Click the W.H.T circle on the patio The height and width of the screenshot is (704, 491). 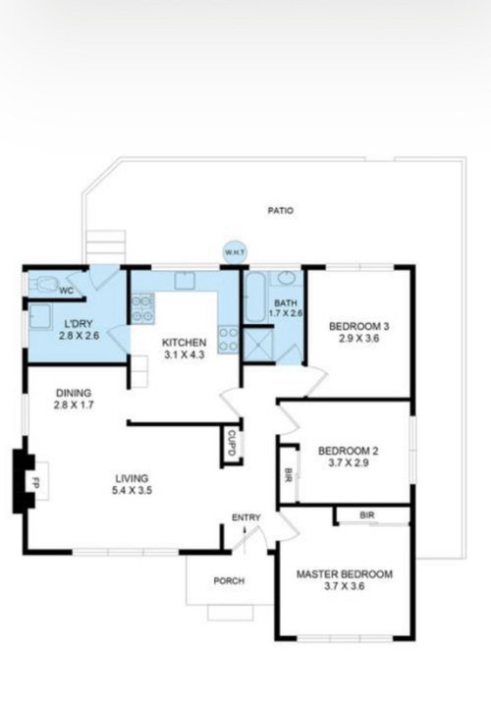coord(236,252)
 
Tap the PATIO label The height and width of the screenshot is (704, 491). coord(280,210)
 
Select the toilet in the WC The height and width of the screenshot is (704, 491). coord(43,284)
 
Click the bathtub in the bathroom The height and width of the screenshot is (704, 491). coord(255,297)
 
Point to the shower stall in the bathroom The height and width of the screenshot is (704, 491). coord(258,345)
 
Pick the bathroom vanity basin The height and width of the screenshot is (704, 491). coord(286,278)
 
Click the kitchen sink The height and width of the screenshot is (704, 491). coord(185,281)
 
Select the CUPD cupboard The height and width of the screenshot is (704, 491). coord(232,444)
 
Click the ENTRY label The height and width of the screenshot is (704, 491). coord(246,517)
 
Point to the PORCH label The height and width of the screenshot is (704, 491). coord(229,581)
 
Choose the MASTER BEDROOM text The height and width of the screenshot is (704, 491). coord(345,574)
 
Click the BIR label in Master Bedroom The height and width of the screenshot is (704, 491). coord(367,515)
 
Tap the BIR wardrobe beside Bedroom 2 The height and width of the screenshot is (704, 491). coord(289,474)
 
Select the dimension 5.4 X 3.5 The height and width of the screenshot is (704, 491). coord(132,490)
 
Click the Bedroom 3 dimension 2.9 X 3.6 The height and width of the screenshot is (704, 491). coord(359,339)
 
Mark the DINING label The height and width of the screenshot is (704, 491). coord(74,393)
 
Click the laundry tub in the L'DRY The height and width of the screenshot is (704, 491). coord(40,316)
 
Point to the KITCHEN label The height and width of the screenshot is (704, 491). coord(185,343)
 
